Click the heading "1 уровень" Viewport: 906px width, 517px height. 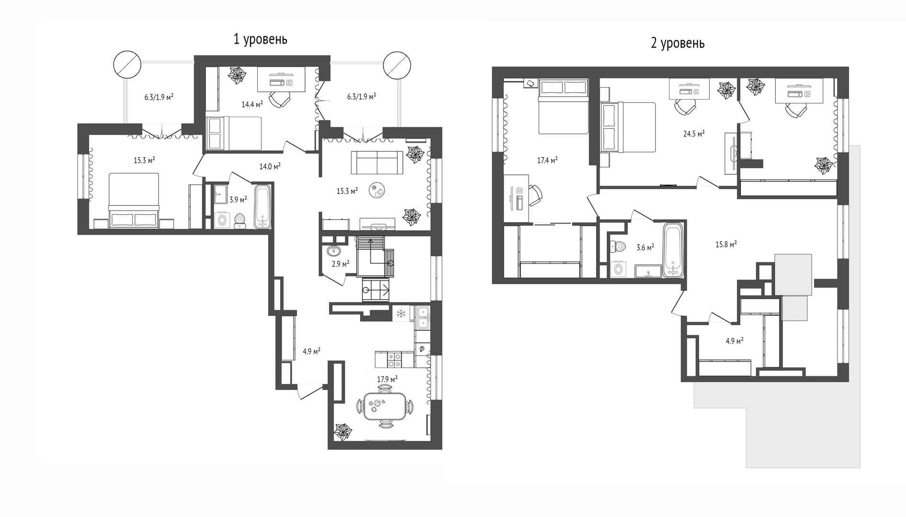[x=260, y=39]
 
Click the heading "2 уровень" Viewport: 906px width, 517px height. [x=678, y=44]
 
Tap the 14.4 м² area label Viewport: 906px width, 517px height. [x=252, y=104]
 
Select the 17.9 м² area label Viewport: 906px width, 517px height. [x=387, y=379]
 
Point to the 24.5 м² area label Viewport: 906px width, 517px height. [x=694, y=134]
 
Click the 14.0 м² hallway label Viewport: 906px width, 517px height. [x=270, y=166]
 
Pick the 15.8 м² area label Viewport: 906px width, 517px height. [x=726, y=244]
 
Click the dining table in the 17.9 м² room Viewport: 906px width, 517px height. [x=385, y=406]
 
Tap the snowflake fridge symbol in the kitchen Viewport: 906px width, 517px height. [x=401, y=314]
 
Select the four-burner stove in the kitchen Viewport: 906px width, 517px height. [x=394, y=360]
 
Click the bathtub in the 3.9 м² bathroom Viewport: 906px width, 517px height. [x=263, y=207]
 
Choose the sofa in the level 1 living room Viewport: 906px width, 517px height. [x=377, y=163]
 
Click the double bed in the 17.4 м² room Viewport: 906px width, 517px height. [x=563, y=107]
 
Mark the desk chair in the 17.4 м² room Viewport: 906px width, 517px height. [x=535, y=196]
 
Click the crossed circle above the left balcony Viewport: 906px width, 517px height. [x=127, y=65]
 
